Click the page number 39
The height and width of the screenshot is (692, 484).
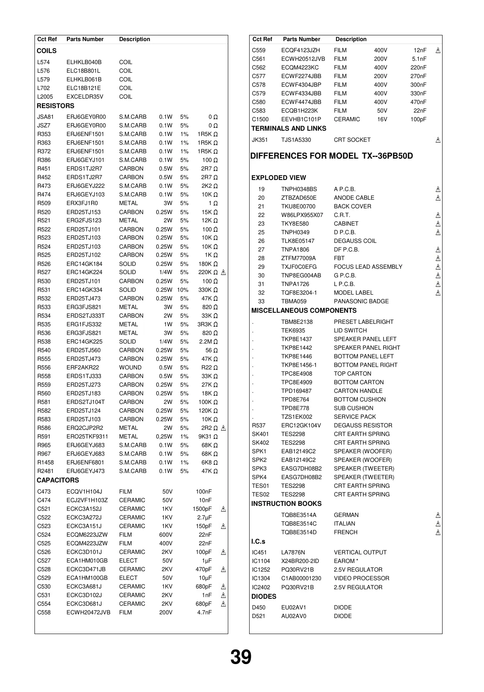[241, 657]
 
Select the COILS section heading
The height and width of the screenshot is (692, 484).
[47, 51]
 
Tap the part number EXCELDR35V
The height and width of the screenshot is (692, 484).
[85, 97]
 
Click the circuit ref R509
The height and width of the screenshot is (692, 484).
[44, 203]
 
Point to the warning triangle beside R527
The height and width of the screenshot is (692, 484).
[223, 272]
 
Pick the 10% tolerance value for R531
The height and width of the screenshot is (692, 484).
[183, 290]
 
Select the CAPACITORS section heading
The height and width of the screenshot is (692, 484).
[58, 480]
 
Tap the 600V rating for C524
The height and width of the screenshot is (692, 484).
[166, 535]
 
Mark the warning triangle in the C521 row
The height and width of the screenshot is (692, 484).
[223, 509]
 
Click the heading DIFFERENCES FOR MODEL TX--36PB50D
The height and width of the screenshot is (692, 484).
[332, 156]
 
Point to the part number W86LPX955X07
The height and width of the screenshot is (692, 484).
[302, 215]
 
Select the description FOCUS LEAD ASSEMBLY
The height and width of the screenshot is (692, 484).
[368, 267]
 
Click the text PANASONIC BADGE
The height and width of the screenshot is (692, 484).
[361, 301]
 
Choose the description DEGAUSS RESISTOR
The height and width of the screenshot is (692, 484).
[363, 425]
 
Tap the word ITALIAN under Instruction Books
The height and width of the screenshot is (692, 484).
[344, 524]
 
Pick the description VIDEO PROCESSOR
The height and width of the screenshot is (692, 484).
[362, 578]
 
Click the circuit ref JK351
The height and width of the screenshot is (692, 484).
[260, 140]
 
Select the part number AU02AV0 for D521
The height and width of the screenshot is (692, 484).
[294, 616]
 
